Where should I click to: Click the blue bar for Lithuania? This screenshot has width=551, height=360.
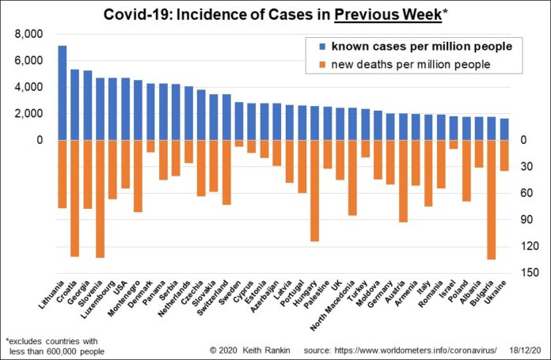tap(63, 93)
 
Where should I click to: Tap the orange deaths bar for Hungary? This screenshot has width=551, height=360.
tap(314, 191)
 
